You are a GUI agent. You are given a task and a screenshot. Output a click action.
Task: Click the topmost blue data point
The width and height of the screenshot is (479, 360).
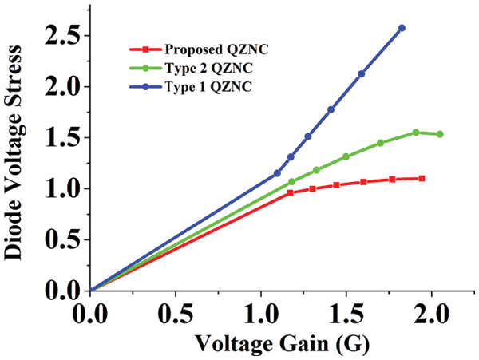(402, 28)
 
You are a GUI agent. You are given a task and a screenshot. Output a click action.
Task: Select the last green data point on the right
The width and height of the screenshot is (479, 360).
(440, 134)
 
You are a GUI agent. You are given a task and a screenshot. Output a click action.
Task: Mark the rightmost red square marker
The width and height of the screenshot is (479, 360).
(422, 178)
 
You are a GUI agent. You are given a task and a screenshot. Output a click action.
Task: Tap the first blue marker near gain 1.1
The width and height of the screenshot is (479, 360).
(277, 173)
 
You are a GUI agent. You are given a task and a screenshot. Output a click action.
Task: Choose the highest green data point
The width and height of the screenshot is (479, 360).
(416, 133)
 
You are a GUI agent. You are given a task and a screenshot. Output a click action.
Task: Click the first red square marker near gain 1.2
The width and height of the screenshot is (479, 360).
(290, 193)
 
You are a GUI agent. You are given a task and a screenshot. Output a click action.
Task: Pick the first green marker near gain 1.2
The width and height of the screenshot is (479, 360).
(291, 182)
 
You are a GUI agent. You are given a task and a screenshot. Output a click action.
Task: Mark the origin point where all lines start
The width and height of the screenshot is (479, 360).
(90, 291)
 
